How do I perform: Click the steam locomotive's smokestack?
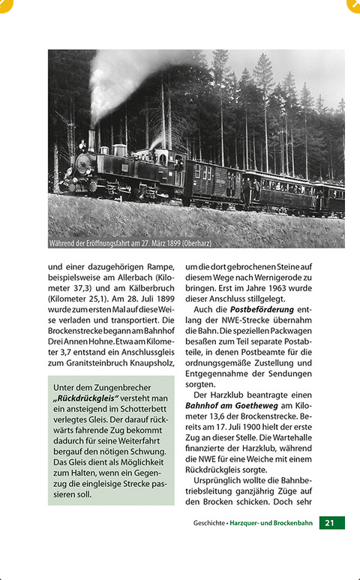click(x=91, y=140)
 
